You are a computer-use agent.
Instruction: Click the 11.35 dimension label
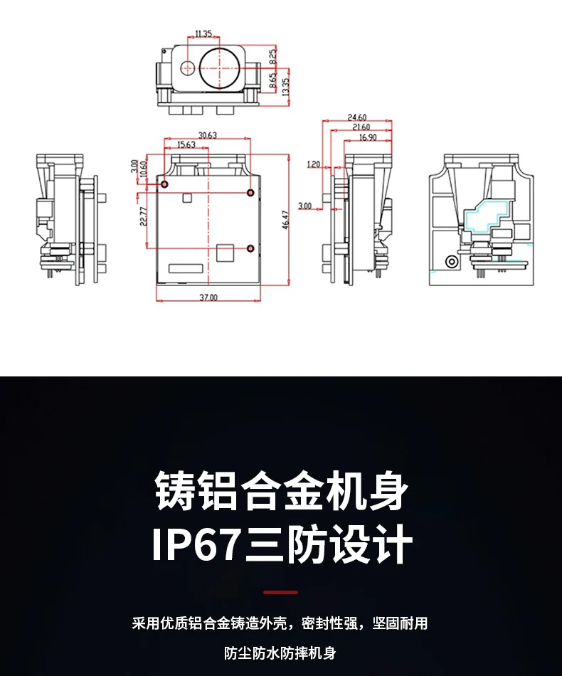[x=203, y=33]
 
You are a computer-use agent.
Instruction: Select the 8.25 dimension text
[x=273, y=56]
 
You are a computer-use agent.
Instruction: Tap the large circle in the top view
[x=220, y=68]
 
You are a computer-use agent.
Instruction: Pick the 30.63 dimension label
[x=208, y=135]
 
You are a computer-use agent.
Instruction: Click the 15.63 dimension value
[x=186, y=145]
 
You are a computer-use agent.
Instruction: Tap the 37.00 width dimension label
[x=208, y=297]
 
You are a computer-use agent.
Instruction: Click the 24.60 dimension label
[x=357, y=117]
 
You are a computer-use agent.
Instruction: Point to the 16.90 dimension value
[x=369, y=137]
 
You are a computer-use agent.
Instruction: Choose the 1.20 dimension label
[x=313, y=164]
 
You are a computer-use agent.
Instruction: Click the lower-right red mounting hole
[x=250, y=248]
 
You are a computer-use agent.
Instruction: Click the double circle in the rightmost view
[x=451, y=261]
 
